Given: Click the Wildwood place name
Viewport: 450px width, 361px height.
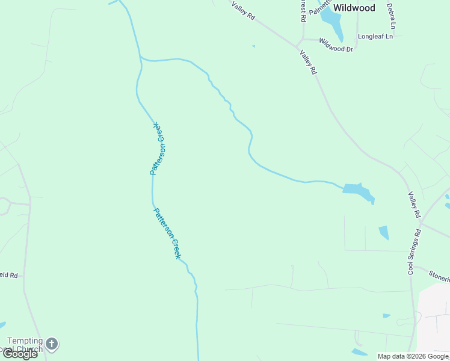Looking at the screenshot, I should [354, 8].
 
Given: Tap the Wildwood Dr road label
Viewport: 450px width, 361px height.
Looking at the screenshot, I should [336, 45].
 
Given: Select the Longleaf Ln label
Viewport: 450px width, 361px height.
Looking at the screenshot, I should [375, 36].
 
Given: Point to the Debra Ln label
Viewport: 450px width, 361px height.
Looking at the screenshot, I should [391, 16].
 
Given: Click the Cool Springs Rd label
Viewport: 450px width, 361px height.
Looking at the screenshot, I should [415, 252].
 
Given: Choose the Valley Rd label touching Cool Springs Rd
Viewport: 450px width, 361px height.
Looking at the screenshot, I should [414, 205].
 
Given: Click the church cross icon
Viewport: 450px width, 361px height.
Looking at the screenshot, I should [52, 344].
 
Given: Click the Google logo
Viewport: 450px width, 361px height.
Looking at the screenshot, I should [20, 354].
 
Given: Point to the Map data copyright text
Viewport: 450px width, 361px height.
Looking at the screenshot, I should [413, 356].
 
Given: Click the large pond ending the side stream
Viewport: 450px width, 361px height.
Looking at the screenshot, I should [358, 191].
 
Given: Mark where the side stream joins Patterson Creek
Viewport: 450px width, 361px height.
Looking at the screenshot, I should [141, 58].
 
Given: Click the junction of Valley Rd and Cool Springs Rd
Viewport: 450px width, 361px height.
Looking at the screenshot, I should [420, 224].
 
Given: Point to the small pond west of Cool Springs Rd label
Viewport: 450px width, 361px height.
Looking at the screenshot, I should [384, 232].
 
